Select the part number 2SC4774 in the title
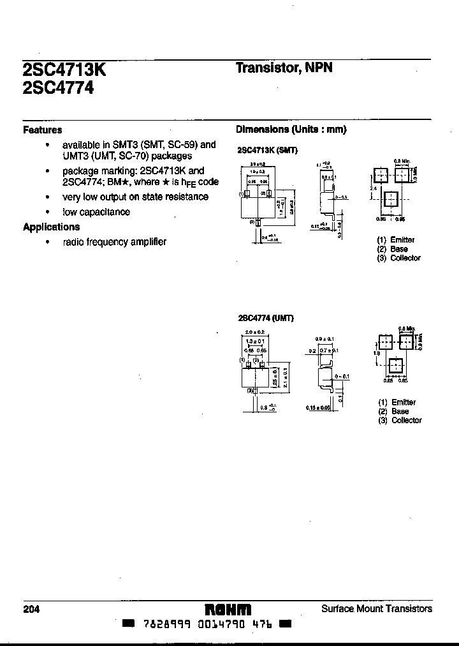coord(58,88)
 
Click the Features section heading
coord(42,130)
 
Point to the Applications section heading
coord(51,227)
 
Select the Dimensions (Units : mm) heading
coord(291,129)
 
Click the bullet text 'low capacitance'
coord(96,212)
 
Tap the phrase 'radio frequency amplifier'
coord(114,242)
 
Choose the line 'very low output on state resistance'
coord(135,197)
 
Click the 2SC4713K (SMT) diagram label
coord(267,150)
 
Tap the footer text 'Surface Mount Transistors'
coord(377,608)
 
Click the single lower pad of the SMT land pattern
coord(391,198)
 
